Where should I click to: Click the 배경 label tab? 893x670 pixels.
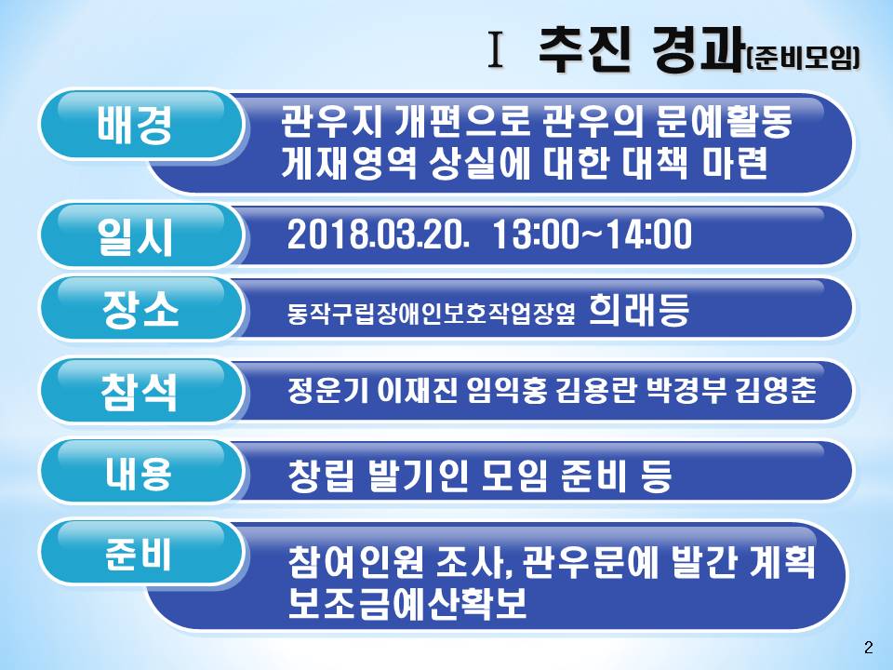[141, 124]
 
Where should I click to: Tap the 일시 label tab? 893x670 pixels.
[141, 234]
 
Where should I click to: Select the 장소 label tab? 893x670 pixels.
[141, 308]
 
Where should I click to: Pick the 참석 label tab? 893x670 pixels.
[141, 390]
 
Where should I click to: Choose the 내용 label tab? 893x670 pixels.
[141, 471]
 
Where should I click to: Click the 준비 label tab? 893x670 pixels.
[141, 552]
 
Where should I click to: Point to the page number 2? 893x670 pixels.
[869, 648]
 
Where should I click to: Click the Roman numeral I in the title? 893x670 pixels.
[497, 50]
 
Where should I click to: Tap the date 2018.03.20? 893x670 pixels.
[379, 234]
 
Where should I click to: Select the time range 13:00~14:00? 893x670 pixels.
[593, 234]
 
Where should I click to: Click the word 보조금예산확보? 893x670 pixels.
[407, 604]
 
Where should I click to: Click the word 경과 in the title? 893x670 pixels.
[697, 49]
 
